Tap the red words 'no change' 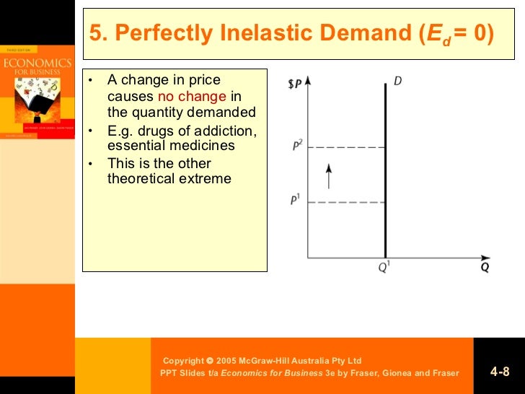click(191, 96)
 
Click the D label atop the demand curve click(397, 82)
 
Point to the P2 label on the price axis click(296, 146)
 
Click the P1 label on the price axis click(296, 200)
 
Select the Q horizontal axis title click(485, 268)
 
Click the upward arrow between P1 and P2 click(329, 175)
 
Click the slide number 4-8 click(500, 372)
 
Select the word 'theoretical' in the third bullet click(144, 178)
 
